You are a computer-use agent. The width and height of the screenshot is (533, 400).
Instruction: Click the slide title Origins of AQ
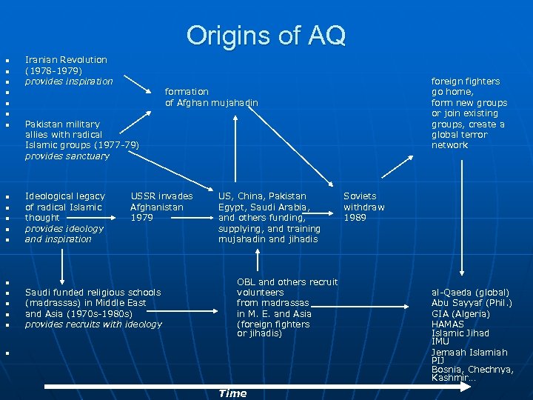tap(266, 35)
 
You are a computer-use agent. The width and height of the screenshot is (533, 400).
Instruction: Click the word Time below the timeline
tap(232, 393)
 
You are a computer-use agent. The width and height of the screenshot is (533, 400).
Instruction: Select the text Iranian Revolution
tap(66, 59)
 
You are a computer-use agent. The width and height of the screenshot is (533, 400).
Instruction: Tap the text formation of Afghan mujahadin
tap(211, 97)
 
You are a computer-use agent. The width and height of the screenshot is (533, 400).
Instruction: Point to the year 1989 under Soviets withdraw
tap(355, 218)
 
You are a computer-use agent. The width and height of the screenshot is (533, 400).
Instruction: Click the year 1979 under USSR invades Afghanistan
tap(142, 218)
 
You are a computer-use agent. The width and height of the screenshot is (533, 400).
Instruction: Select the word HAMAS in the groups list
tap(447, 324)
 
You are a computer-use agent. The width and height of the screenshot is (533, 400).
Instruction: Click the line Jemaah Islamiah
tap(469, 353)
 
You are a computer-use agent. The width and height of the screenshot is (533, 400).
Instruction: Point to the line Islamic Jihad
tap(460, 333)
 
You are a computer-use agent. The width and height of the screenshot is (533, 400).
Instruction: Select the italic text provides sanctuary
tap(67, 156)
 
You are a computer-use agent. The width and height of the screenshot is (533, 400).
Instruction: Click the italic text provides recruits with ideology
tap(93, 324)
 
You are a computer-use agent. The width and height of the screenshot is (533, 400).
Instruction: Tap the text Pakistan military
tap(62, 124)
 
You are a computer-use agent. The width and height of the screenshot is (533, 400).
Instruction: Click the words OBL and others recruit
tap(287, 282)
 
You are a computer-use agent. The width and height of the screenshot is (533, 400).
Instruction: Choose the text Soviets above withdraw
tap(360, 196)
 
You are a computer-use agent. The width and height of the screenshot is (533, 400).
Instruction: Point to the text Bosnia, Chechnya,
tap(472, 369)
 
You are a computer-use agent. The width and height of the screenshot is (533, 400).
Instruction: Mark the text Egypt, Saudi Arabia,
tap(264, 207)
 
